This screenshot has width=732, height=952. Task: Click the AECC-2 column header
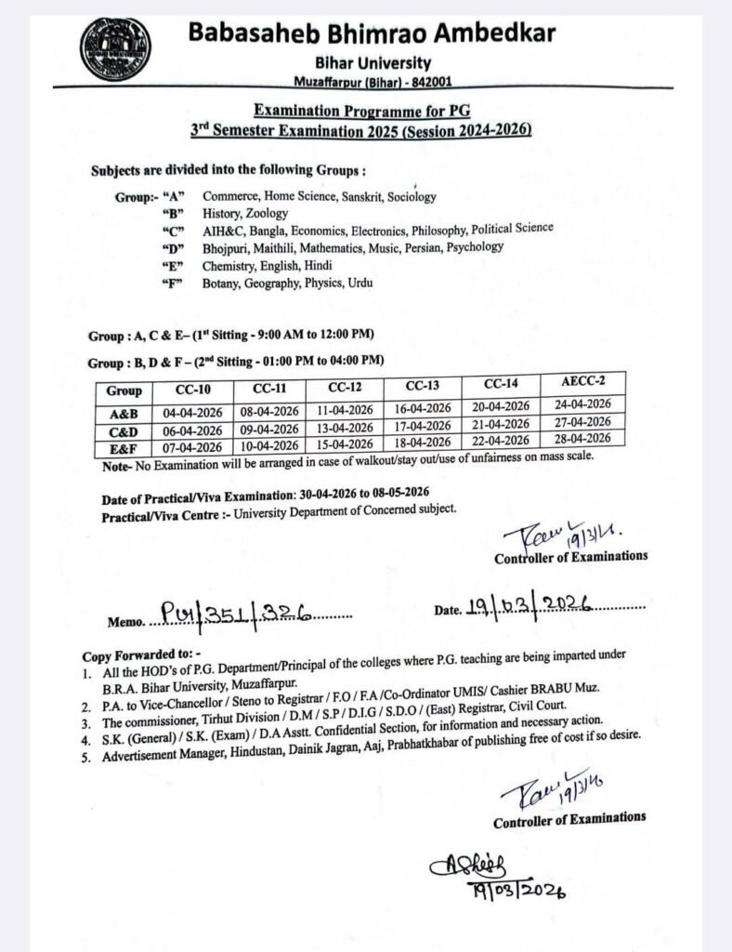coord(584,382)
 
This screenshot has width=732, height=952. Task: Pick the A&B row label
coord(124,411)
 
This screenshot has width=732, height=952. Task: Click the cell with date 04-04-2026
coord(191,411)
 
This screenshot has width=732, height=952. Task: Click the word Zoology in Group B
coord(268,213)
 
